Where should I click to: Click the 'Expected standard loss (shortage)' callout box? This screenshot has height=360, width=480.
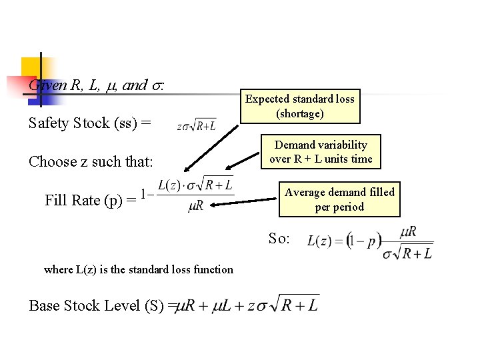pos(300,107)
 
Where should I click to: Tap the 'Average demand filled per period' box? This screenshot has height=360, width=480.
pos(339,199)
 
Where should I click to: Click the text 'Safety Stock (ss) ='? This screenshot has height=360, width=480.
pos(90,123)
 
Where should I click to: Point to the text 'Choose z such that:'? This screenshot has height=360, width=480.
pos(91,162)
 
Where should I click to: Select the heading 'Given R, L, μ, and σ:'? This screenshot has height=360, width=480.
pos(97,85)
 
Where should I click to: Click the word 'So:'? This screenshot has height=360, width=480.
pos(279,238)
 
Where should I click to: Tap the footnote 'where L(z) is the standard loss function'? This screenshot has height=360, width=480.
pos(139,269)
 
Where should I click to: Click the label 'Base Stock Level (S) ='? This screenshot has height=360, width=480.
pos(99,306)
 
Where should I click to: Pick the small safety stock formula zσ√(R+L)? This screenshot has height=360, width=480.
pos(196,125)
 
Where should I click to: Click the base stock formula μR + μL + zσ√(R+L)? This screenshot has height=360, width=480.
pos(247,305)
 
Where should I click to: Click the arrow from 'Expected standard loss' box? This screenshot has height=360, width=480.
pos(210,146)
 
